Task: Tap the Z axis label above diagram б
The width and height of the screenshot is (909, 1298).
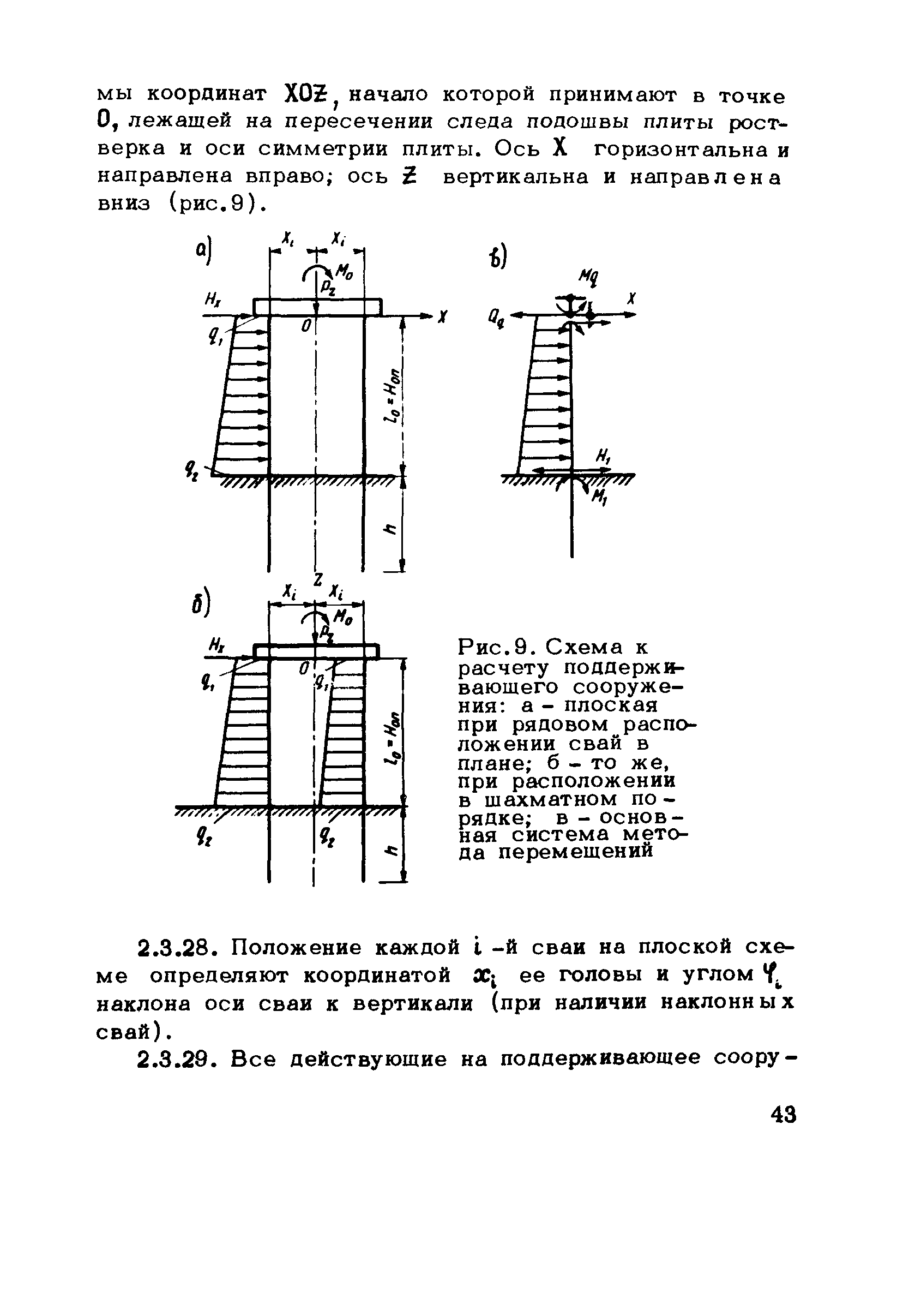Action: click(x=318, y=580)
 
